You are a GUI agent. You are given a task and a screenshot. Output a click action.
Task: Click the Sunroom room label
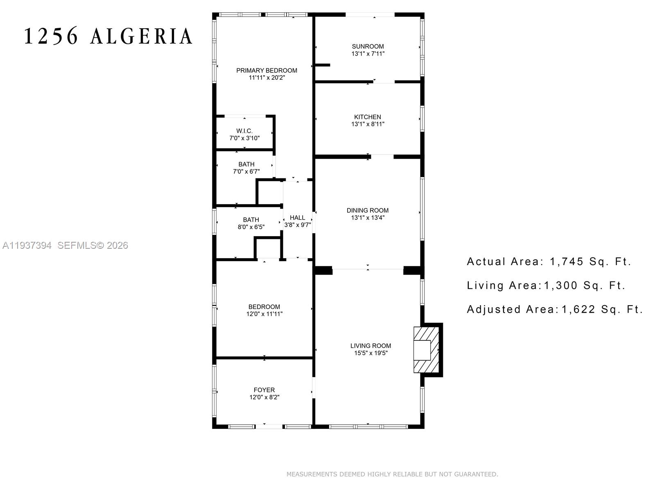[x=368, y=46]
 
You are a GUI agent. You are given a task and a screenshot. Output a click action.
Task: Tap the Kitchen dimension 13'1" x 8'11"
[x=368, y=124]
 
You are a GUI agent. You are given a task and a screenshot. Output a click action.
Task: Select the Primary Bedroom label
[x=267, y=70]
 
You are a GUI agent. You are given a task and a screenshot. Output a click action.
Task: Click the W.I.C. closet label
[x=244, y=131]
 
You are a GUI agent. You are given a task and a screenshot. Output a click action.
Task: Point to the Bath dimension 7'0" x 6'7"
[x=246, y=171]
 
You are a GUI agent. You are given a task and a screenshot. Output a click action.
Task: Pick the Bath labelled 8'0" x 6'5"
[x=251, y=223]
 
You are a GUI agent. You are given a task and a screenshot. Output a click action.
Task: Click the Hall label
[x=297, y=218]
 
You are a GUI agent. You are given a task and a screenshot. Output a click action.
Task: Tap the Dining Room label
[x=367, y=210]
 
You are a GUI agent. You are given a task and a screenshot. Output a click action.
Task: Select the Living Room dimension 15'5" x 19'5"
[x=370, y=353]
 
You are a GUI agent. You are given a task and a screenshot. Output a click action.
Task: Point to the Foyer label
[x=264, y=390]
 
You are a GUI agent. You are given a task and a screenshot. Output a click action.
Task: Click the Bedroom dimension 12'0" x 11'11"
[x=264, y=314]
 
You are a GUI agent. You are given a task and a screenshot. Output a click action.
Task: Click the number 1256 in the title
[x=51, y=36]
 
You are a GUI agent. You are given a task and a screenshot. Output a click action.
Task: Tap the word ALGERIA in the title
[x=141, y=36]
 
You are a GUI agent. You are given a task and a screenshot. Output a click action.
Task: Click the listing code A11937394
[x=27, y=245]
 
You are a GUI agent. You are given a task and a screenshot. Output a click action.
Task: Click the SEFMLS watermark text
[x=77, y=245]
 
